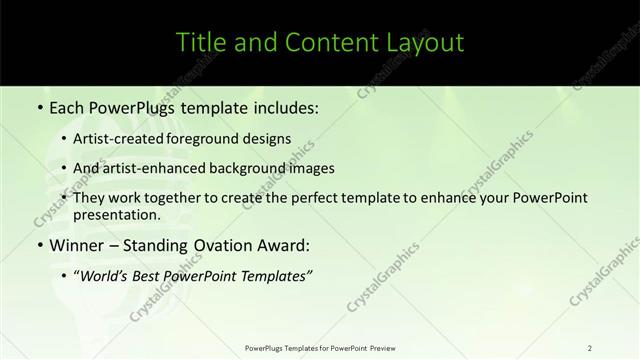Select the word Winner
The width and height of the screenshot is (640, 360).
pos(77,245)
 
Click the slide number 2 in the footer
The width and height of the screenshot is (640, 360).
pos(590,347)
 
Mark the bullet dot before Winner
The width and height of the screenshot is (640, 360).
pos(39,245)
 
